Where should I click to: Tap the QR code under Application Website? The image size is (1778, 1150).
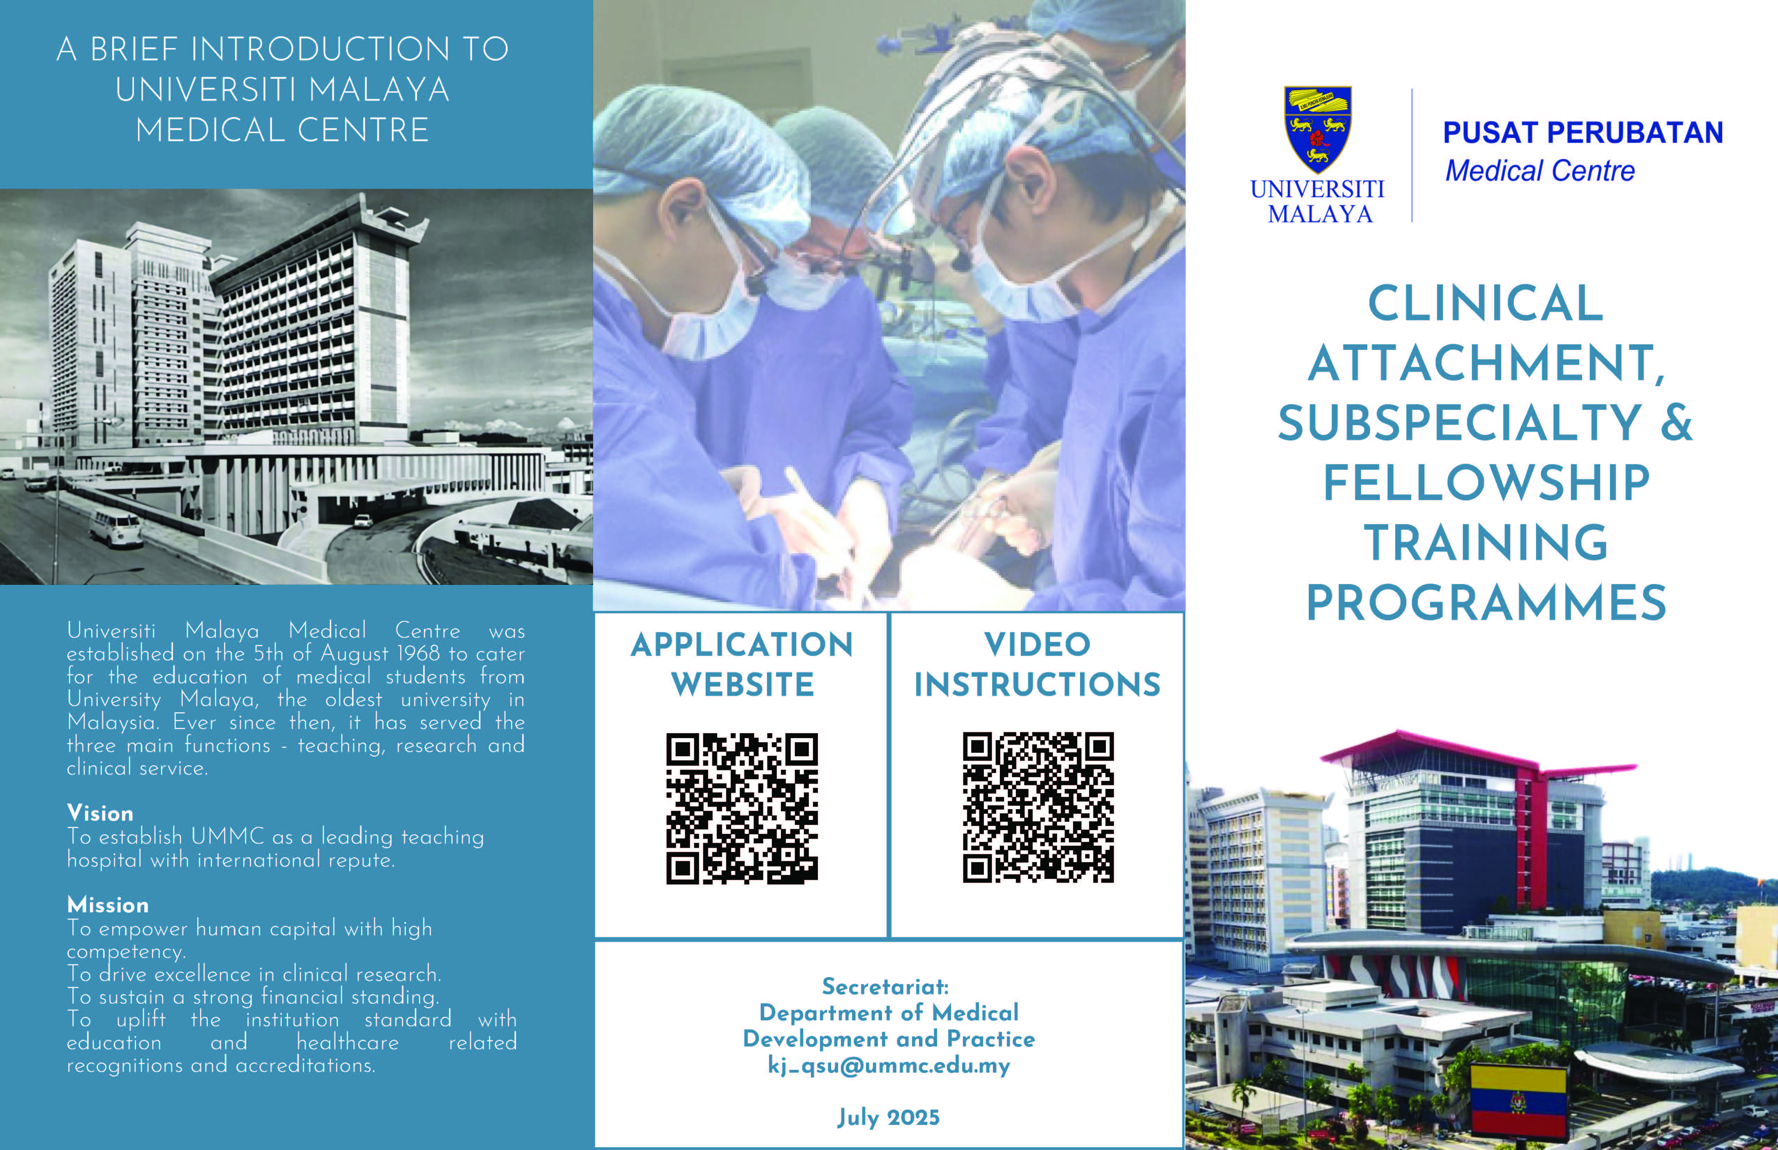pyautogui.click(x=742, y=808)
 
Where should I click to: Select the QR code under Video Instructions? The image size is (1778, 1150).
pyautogui.click(x=1039, y=807)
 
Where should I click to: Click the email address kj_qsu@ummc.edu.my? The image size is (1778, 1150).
pyautogui.click(x=889, y=1066)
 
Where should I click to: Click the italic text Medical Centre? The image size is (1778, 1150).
pyautogui.click(x=1540, y=171)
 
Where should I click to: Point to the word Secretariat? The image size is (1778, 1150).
pyautogui.click(x=885, y=987)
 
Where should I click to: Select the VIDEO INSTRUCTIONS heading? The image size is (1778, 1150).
pyautogui.click(x=1038, y=664)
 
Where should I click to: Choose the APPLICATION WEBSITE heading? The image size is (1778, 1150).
pyautogui.click(x=742, y=664)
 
